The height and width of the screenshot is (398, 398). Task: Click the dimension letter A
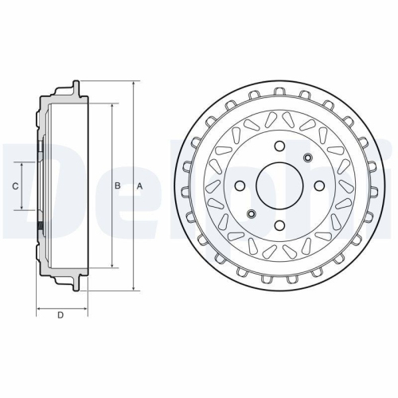click(x=139, y=185)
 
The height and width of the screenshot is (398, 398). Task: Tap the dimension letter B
click(x=117, y=185)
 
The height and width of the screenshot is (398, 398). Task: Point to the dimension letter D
click(x=60, y=316)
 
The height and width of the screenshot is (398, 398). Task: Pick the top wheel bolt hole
click(x=279, y=146)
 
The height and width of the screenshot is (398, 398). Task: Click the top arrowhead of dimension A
click(x=133, y=83)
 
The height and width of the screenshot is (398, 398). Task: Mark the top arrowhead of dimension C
click(x=22, y=162)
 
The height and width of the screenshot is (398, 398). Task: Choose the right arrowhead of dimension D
click(x=81, y=306)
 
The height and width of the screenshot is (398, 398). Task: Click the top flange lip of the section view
click(x=76, y=85)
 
